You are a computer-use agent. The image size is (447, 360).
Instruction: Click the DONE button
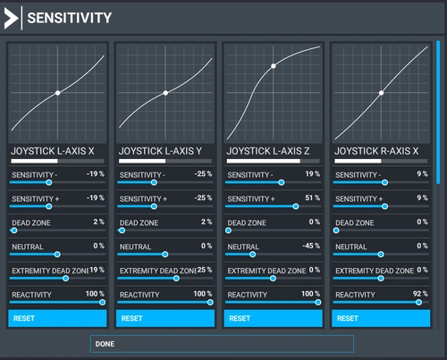tap(222, 344)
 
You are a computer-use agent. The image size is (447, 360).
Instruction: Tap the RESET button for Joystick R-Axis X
tap(381, 318)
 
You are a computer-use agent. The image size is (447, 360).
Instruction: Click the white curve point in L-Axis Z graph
tap(274, 66)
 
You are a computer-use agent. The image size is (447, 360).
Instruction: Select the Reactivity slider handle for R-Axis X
tap(418, 303)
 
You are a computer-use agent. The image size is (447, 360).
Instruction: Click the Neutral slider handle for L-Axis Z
tap(252, 255)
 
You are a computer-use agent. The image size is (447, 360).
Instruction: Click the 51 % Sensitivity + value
tap(312, 197)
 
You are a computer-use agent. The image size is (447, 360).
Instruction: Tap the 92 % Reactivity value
tap(420, 294)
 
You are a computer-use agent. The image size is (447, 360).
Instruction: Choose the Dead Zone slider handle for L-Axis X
tap(14, 230)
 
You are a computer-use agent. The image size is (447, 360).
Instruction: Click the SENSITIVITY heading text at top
tap(70, 18)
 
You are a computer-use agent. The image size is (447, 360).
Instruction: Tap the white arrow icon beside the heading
tap(11, 18)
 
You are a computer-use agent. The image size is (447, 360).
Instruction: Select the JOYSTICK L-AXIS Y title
tap(160, 151)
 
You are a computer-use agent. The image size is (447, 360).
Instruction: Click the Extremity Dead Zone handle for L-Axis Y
tap(176, 279)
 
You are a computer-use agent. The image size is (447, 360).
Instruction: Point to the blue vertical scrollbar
tap(438, 113)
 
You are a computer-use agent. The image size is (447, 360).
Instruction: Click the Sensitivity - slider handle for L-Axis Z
tap(281, 182)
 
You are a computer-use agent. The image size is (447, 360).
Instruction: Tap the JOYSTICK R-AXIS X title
tap(376, 151)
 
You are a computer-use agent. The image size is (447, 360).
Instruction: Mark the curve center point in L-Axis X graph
tap(58, 93)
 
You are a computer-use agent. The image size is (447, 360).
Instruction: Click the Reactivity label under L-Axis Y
tap(139, 295)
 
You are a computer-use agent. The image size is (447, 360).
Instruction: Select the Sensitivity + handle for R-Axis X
tap(384, 206)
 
